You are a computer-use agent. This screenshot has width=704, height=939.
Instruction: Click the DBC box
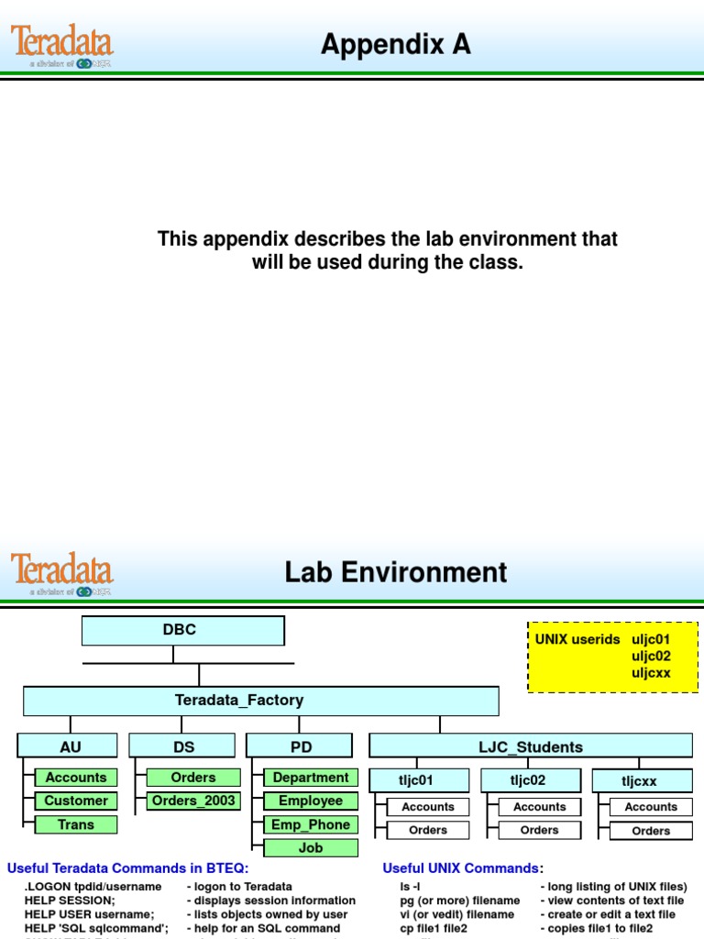pos(183,630)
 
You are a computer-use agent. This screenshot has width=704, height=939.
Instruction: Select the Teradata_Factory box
pos(261,701)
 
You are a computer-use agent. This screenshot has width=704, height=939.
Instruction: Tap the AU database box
pos(55,746)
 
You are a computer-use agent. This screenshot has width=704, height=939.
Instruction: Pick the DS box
pos(183,746)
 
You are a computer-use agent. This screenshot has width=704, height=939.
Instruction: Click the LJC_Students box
pos(530,746)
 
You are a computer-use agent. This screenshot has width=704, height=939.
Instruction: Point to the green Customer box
pos(76,801)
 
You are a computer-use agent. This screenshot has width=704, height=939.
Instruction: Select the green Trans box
pos(76,824)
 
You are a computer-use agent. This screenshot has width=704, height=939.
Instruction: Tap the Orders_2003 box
pos(193,801)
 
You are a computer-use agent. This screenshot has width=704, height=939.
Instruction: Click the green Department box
pos(311,778)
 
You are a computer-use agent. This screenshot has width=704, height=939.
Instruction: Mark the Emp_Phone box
pos(311,824)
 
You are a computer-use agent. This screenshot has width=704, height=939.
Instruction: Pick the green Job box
pos(311,848)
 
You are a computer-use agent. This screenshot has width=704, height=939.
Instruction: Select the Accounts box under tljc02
pos(539,807)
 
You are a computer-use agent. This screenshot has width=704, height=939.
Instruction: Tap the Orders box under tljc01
pos(428,831)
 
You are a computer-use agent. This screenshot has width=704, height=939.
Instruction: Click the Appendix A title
pos(395,43)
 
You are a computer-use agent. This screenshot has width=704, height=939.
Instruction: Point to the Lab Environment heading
pos(395,572)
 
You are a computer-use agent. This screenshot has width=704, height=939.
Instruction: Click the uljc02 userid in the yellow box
pos(651,656)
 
